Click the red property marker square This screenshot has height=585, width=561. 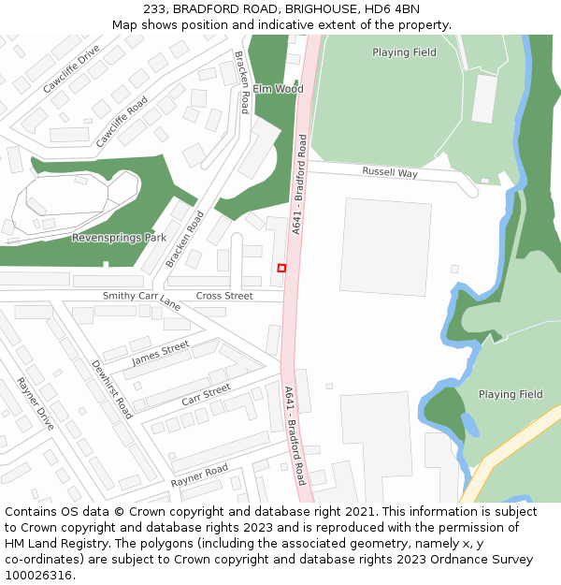click(281, 268)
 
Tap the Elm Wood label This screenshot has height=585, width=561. click(278, 89)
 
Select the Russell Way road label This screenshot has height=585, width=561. click(390, 172)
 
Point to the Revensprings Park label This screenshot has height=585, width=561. click(119, 238)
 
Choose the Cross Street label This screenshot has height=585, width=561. click(224, 296)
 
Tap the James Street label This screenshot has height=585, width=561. click(161, 354)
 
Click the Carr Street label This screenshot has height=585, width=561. click(206, 394)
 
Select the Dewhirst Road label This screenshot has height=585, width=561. click(111, 388)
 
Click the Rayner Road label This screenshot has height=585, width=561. click(199, 475)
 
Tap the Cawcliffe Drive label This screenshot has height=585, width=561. click(71, 68)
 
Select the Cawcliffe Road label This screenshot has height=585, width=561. click(122, 122)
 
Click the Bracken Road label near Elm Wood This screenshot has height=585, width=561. click(242, 82)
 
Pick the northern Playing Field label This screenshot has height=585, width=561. click(404, 52)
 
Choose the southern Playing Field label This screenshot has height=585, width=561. click(511, 394)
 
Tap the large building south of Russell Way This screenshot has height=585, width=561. click(385, 246)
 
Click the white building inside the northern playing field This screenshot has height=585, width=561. click(484, 98)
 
